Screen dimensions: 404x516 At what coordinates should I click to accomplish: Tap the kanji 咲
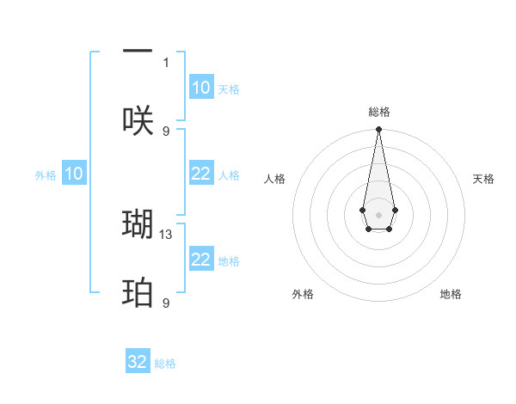(x=138, y=120)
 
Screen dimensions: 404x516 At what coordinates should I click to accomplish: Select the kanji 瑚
(x=138, y=223)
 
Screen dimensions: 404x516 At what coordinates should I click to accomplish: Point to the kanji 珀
(x=138, y=293)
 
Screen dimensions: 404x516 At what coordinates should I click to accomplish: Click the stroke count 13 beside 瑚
(x=167, y=234)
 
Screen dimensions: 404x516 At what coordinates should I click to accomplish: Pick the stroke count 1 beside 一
(x=166, y=62)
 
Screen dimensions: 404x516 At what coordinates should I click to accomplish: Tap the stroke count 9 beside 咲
(x=166, y=131)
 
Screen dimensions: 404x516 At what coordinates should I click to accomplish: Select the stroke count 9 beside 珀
(x=166, y=303)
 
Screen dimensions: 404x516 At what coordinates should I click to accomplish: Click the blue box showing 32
(x=138, y=362)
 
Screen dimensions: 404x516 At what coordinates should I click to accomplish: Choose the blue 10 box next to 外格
(x=74, y=174)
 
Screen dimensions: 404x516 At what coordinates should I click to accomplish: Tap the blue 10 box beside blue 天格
(x=201, y=88)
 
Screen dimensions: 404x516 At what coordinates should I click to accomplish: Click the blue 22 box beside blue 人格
(x=201, y=174)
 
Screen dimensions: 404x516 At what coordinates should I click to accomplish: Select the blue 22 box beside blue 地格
(x=201, y=260)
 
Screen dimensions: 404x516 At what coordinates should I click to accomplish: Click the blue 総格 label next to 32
(x=165, y=364)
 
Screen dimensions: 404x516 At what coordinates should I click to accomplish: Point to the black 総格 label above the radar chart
(x=378, y=112)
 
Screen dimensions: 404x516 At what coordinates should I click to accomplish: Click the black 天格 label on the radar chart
(x=483, y=179)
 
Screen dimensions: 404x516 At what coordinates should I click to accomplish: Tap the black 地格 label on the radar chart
(x=451, y=294)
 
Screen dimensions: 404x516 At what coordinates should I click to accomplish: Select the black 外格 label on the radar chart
(x=303, y=294)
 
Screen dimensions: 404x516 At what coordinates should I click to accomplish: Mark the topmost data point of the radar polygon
(x=378, y=130)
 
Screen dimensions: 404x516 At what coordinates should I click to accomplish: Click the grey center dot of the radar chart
(x=378, y=214)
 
